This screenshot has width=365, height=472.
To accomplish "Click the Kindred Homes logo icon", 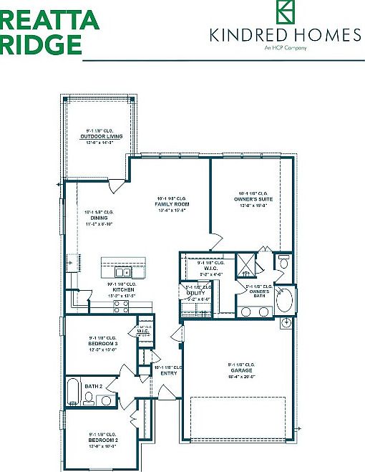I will (286, 13).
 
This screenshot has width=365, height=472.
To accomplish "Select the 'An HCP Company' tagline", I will (285, 48).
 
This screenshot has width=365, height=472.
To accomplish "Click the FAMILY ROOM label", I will (170, 205).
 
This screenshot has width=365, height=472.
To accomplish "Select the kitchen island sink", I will (122, 272).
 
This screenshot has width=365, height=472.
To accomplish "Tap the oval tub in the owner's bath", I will (284, 300).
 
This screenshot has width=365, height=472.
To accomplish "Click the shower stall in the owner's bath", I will (247, 264).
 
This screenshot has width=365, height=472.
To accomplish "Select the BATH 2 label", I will (94, 386).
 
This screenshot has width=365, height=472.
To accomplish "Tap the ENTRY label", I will (169, 372).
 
